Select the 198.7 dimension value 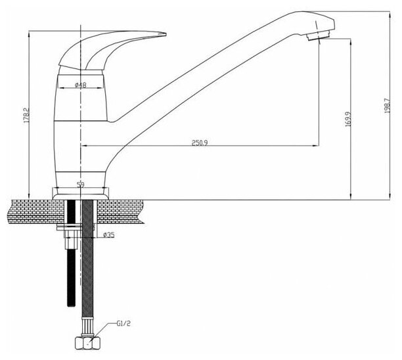coord(387,108)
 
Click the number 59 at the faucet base coord(80,185)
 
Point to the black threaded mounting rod coord(69,269)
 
